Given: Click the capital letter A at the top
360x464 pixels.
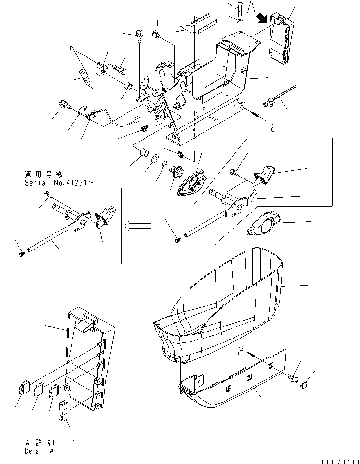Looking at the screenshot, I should point(252,6).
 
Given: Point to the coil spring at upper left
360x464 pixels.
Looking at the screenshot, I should point(85,78).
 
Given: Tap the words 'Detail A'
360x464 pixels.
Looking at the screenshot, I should point(39,451).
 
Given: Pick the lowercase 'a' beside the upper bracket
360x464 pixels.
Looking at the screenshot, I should point(273,127).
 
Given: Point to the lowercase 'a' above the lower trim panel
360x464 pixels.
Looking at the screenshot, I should point(241,351).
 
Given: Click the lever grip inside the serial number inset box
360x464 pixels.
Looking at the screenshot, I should point(106,214).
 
